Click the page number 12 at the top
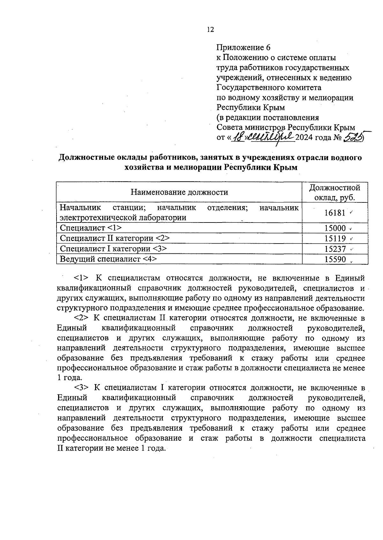coord(210,30)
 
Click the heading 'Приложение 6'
coord(244,48)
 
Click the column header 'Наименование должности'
coord(179,192)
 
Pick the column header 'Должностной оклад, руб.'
coord(335,192)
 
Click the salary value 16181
coord(335,213)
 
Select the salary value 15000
coord(335,228)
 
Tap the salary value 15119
coord(335,238)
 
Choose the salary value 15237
coord(335,249)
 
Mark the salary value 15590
coord(335,259)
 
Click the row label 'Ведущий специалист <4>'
coord(108,259)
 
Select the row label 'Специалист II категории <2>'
coord(115,238)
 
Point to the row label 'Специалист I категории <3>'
coord(113,248)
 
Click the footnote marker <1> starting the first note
coord(81,278)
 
